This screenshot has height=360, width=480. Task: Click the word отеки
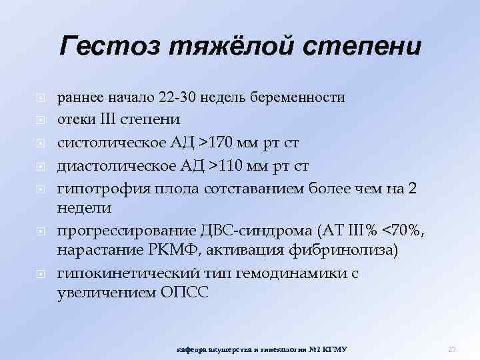(x=75, y=119)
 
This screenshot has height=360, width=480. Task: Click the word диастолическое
(x=109, y=163)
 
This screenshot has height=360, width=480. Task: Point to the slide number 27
(x=451, y=349)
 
